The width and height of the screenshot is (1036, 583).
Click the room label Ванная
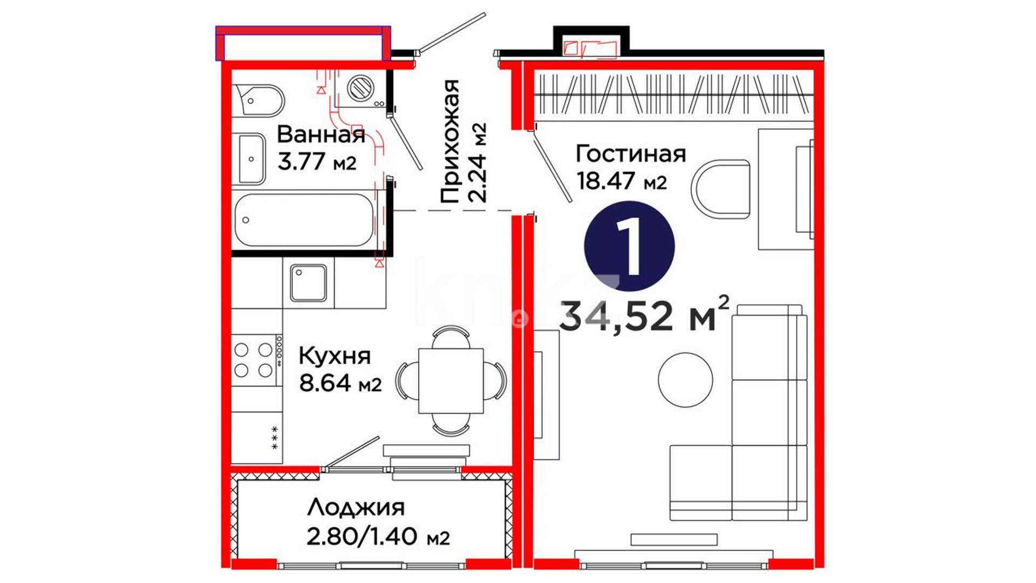click(x=321, y=134)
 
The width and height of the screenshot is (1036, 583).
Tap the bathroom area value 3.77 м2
click(x=317, y=161)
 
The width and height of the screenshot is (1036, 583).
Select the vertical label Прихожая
click(x=449, y=141)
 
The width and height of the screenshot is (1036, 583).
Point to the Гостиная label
click(x=631, y=154)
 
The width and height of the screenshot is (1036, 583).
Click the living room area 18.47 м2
click(x=622, y=181)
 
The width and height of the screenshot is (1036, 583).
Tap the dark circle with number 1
click(x=629, y=246)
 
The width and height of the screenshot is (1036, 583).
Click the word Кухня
click(x=335, y=356)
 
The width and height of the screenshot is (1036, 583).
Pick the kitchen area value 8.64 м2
click(x=340, y=383)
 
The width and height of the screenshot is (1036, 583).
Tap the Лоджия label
click(x=356, y=508)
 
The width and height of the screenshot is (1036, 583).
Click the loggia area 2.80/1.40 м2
click(x=378, y=537)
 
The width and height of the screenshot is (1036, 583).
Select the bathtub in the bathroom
click(x=304, y=220)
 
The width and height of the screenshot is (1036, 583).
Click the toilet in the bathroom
click(x=258, y=100)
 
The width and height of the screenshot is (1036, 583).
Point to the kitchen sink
click(x=308, y=282)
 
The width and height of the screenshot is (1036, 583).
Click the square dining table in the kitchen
click(x=451, y=381)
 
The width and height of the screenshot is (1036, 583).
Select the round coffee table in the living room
click(x=685, y=379)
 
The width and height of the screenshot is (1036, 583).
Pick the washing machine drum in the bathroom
click(x=360, y=87)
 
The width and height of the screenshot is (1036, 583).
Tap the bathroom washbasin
click(x=251, y=159)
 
